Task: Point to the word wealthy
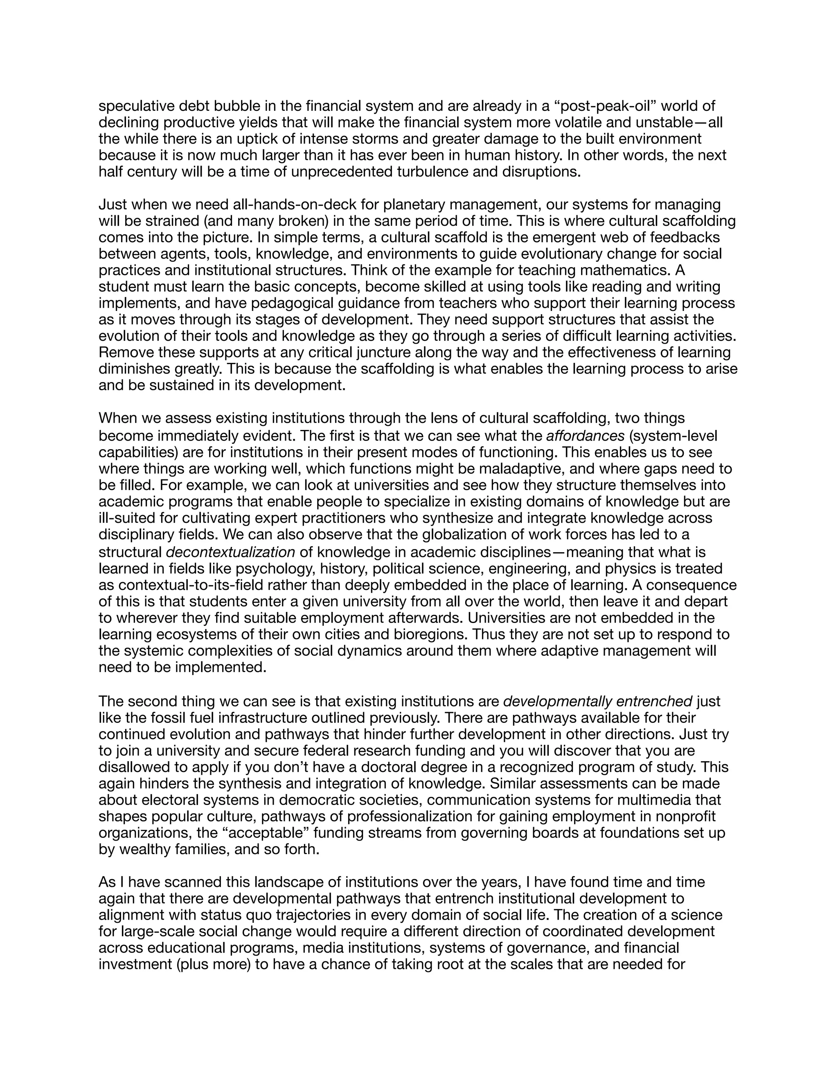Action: (144, 849)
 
